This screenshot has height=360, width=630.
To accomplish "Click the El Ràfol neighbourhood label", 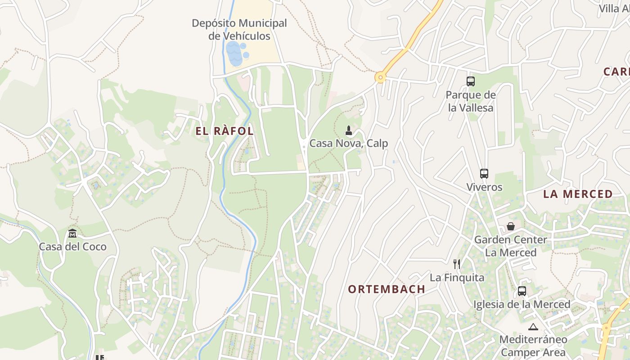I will pyautogui.click(x=225, y=131).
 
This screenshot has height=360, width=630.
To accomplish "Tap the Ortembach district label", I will pyautogui.click(x=387, y=289).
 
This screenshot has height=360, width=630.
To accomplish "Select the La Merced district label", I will pyautogui.click(x=578, y=194).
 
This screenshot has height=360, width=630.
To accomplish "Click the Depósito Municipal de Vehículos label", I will pyautogui.click(x=239, y=29).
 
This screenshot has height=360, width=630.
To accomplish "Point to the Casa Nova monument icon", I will pyautogui.click(x=348, y=131).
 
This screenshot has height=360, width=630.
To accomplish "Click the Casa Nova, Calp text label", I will pyautogui.click(x=349, y=144).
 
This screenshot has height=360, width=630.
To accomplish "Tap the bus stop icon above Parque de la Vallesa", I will pyautogui.click(x=471, y=81).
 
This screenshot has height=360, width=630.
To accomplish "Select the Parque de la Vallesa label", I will pyautogui.click(x=471, y=101).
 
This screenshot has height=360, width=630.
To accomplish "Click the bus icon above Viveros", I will pyautogui.click(x=484, y=174).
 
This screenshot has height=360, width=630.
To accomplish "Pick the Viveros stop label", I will pyautogui.click(x=484, y=187).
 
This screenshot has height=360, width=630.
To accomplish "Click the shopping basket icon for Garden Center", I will pyautogui.click(x=510, y=226).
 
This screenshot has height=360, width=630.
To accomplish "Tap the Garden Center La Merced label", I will pyautogui.click(x=510, y=246).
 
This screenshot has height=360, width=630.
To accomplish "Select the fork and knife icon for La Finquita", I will pyautogui.click(x=457, y=264).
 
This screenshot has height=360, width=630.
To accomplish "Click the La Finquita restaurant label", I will pyautogui.click(x=457, y=277).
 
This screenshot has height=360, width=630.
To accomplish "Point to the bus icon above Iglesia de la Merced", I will pyautogui.click(x=522, y=291).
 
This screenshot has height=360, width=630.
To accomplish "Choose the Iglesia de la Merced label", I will pyautogui.click(x=522, y=304).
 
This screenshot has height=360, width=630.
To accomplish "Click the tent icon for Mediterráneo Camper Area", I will pyautogui.click(x=533, y=327).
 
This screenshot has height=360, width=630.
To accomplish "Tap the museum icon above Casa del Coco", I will pyautogui.click(x=72, y=234).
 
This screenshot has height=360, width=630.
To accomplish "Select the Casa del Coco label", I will pyautogui.click(x=72, y=247).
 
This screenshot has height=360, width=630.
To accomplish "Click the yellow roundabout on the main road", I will pyautogui.click(x=381, y=78).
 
